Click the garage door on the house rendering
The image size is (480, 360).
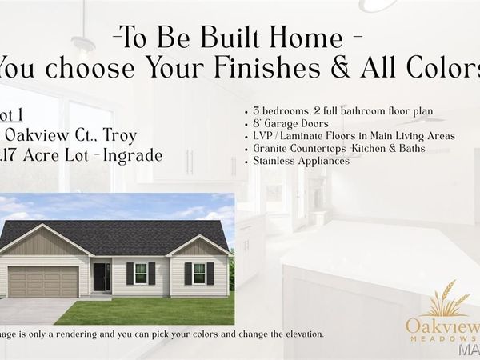pyautogui.click(x=43, y=282)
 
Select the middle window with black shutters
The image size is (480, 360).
pyautogui.click(x=140, y=274)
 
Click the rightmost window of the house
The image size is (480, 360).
pyautogui.click(x=199, y=274)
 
